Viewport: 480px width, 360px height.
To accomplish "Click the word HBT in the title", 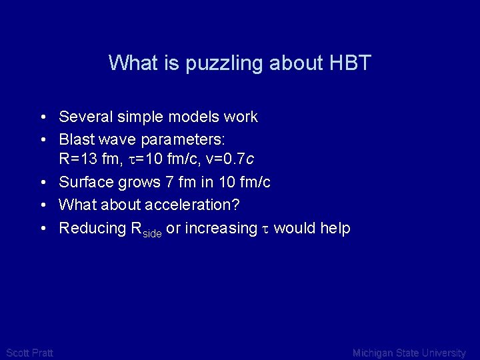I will tap(350, 63).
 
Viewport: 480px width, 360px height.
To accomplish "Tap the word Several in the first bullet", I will tap(85, 117).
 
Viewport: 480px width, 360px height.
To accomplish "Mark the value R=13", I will tap(75, 159).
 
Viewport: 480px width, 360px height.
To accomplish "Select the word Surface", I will tap(85, 182).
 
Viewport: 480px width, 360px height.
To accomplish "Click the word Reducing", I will tap(90, 228).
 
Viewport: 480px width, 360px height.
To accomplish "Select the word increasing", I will tap(221, 229).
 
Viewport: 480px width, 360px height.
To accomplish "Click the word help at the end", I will tap(335, 228).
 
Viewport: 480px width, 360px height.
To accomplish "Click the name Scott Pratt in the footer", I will tap(29, 353).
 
